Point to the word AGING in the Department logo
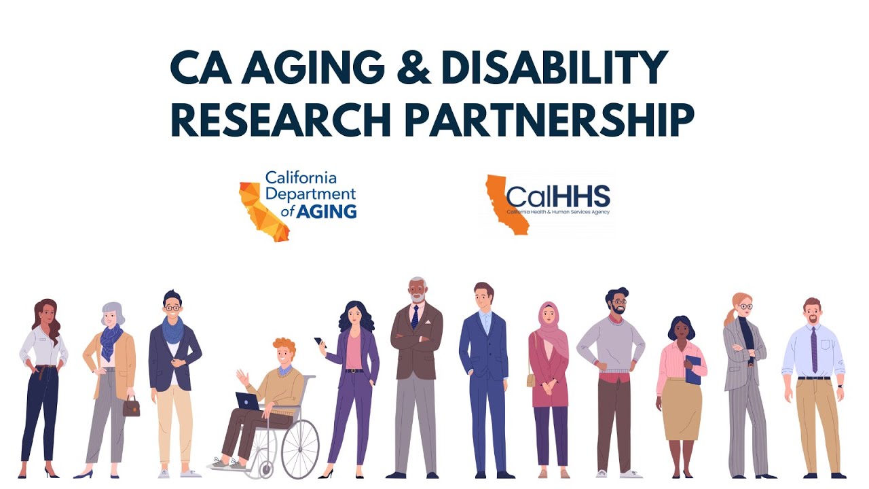point(329,211)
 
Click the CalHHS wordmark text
point(558,196)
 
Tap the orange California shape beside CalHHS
point(506,204)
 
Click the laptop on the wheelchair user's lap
point(248,401)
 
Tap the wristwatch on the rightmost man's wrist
point(840,385)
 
